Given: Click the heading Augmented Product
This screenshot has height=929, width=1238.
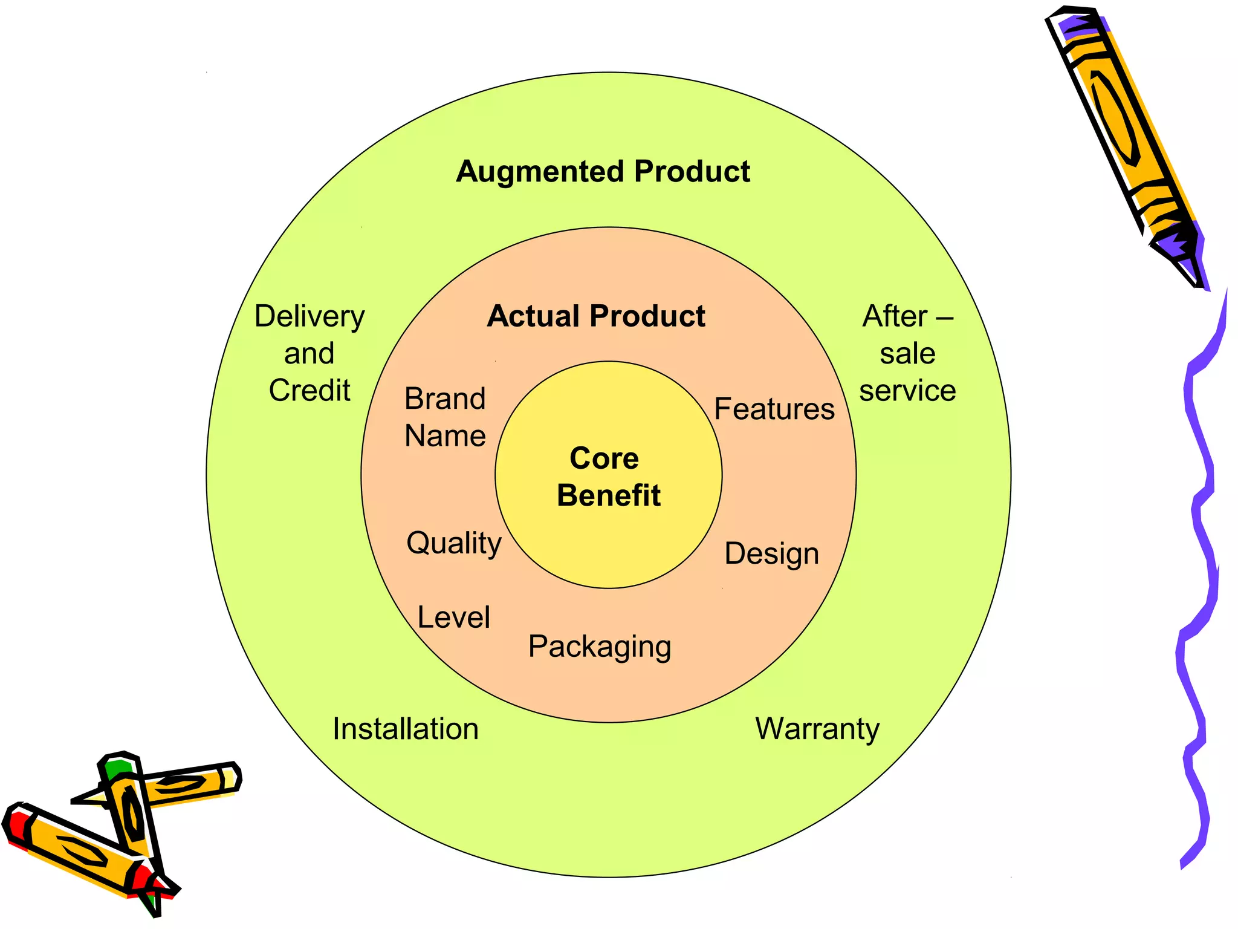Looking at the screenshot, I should (x=603, y=172).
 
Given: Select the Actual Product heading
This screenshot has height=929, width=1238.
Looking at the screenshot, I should (x=596, y=316).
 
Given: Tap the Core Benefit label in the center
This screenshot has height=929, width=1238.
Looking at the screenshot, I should (x=608, y=477).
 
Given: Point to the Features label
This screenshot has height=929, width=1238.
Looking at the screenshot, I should (x=774, y=409).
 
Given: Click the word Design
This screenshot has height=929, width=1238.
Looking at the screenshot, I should (x=771, y=553).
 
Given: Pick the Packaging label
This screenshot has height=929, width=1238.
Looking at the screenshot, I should (x=600, y=647).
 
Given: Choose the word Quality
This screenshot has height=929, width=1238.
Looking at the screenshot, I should (x=453, y=543).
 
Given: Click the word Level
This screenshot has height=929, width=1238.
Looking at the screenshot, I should (x=453, y=618).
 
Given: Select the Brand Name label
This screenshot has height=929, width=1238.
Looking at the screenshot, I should (x=445, y=417).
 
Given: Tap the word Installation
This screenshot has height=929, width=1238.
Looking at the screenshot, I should (x=406, y=729).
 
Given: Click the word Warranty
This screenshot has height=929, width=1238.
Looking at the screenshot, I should (x=817, y=729).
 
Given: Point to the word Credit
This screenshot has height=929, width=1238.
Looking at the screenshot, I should (x=309, y=391).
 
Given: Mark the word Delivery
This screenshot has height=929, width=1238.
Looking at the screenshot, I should (x=309, y=316).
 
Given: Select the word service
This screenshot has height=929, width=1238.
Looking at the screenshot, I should (x=907, y=391).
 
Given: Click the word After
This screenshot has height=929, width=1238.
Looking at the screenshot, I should (x=895, y=316).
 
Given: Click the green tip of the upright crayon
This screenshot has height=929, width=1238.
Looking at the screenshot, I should (x=118, y=768).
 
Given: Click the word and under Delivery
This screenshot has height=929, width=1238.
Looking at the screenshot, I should (x=309, y=354).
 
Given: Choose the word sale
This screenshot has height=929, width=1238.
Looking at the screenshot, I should (x=907, y=354).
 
